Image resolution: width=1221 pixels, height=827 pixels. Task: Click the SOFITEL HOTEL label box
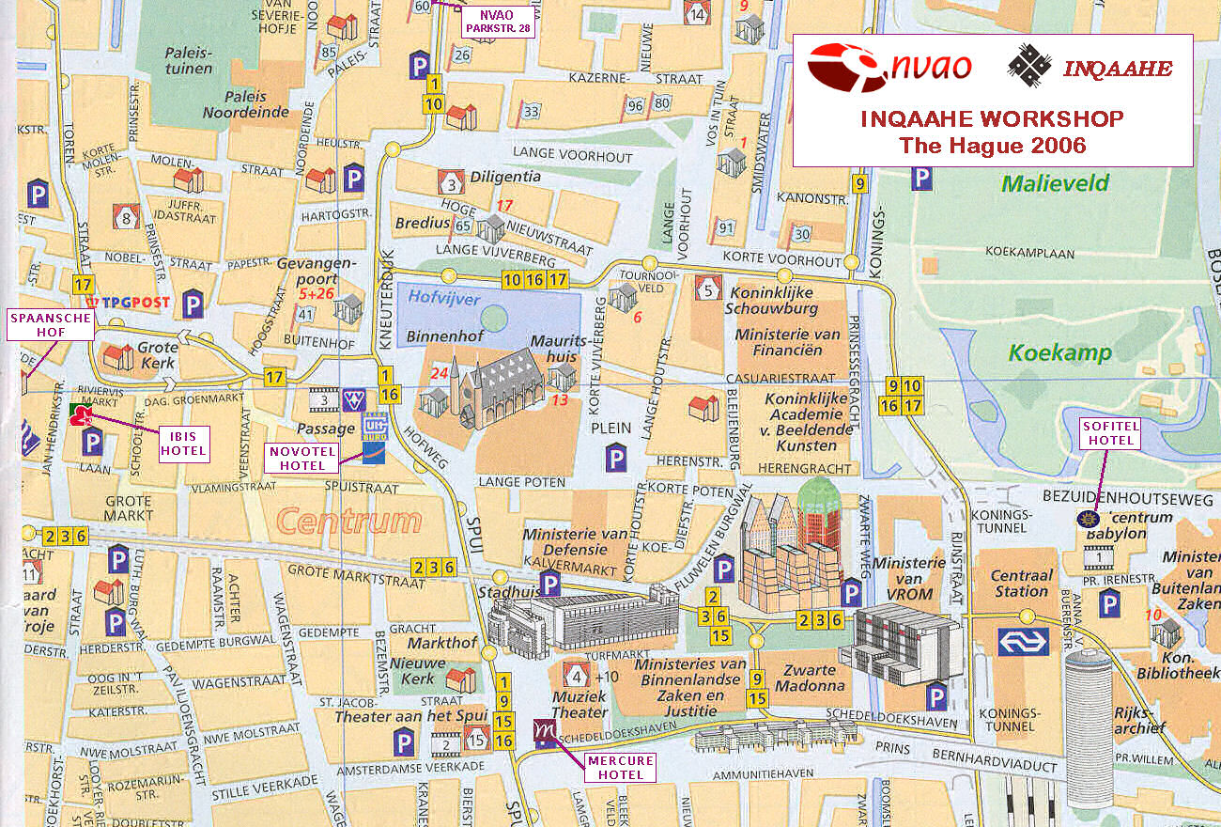[x=1110, y=433]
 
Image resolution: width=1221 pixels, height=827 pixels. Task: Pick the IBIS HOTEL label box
[x=183, y=444]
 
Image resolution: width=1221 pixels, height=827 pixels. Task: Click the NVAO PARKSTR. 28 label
[x=496, y=21]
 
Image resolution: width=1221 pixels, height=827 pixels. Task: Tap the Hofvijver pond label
[x=444, y=298]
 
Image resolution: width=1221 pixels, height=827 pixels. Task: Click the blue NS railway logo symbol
[x=1023, y=642]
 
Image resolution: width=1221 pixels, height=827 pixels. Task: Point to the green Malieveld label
[x=1055, y=183]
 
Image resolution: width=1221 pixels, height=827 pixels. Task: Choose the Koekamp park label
[x=1059, y=353]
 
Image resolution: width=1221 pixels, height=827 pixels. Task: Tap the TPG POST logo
[x=130, y=303]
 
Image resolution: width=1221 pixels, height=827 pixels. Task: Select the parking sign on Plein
[x=616, y=460]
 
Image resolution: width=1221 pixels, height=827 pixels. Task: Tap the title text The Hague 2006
[x=992, y=145]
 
